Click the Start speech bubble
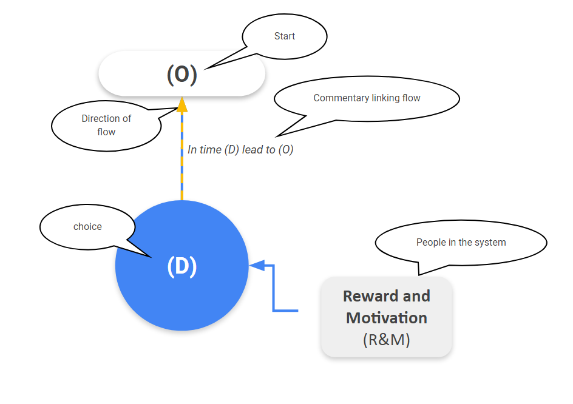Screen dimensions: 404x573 point(285,36)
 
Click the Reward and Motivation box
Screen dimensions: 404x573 point(386,317)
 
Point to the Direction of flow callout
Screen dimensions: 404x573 point(106,126)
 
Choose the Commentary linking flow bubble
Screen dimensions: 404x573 point(367,98)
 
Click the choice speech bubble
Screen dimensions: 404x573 point(87,227)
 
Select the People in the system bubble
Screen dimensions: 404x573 point(461,243)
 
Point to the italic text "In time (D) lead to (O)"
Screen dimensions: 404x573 point(240,150)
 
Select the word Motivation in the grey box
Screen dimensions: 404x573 point(386,318)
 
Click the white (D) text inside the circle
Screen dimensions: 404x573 point(182,267)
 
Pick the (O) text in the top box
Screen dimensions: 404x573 point(182,74)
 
